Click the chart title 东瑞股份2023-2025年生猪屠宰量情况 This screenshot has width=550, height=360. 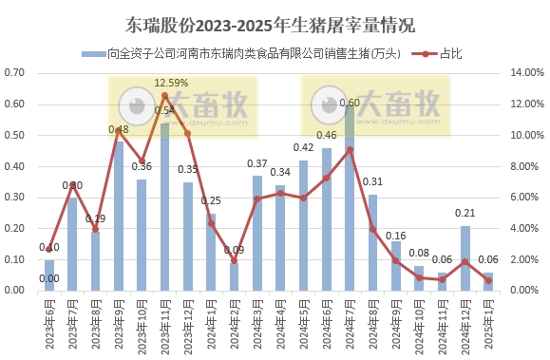pos(275,22)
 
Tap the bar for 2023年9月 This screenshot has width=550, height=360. pos(119,218)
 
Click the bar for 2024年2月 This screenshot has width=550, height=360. pos(234,276)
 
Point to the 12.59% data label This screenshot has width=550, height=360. pos(171,83)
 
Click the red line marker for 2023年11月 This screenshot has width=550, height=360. pos(164,96)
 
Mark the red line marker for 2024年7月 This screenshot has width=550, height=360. pos(350,149)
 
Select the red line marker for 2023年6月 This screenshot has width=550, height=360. pos(49,249)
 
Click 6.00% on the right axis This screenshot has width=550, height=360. pos(526,198)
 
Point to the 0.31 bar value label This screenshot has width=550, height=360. pos(373,182)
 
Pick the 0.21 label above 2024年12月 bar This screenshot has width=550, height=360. pos(465,214)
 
